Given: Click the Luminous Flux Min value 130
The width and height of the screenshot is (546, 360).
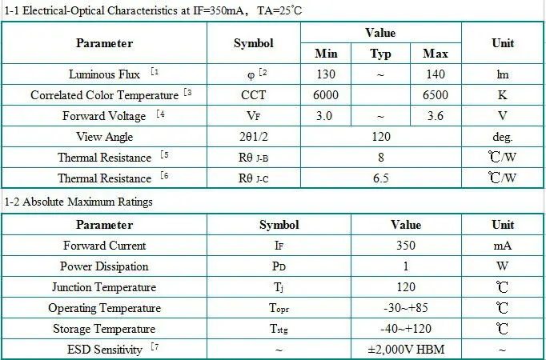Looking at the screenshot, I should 326,74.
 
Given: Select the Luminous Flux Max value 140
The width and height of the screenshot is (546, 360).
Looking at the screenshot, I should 435,74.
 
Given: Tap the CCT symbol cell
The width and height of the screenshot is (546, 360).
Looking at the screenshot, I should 254,94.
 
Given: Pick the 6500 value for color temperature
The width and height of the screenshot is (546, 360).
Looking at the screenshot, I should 435,94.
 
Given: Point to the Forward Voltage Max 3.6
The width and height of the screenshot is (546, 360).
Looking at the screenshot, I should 435,116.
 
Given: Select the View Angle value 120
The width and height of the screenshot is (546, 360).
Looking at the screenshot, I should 381,137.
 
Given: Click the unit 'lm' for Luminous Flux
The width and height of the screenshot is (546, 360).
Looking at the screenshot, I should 502,74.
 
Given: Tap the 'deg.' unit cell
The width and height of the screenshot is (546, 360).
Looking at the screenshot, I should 502,137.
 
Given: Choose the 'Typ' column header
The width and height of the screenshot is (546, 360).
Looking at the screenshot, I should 381,54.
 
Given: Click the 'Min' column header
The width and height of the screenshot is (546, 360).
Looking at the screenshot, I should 326,54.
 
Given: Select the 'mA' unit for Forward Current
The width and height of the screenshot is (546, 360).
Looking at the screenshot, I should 502,246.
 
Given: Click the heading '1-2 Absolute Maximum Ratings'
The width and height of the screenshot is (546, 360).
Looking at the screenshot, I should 78,202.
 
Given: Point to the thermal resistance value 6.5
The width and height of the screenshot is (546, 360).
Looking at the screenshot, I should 381,178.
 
